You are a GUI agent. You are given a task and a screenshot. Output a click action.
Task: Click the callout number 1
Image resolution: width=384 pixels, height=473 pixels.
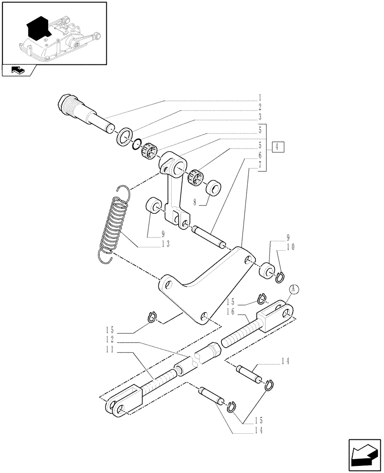(x=260, y=99)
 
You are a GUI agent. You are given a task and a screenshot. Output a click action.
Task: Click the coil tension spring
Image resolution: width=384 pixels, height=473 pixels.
(x=113, y=221)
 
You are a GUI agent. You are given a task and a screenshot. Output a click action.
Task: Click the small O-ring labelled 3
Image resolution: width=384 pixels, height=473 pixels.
(x=137, y=145)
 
